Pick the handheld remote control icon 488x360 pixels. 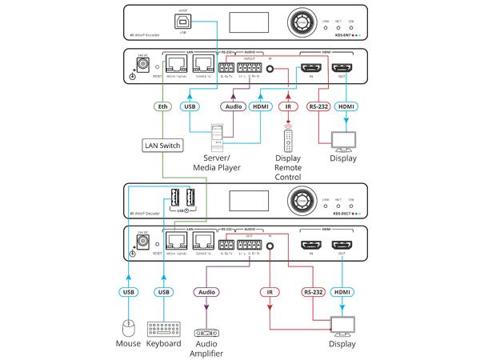(x=288, y=139)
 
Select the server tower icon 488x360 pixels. (x=215, y=138)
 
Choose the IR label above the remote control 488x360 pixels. (x=287, y=106)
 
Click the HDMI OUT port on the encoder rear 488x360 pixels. (x=344, y=70)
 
